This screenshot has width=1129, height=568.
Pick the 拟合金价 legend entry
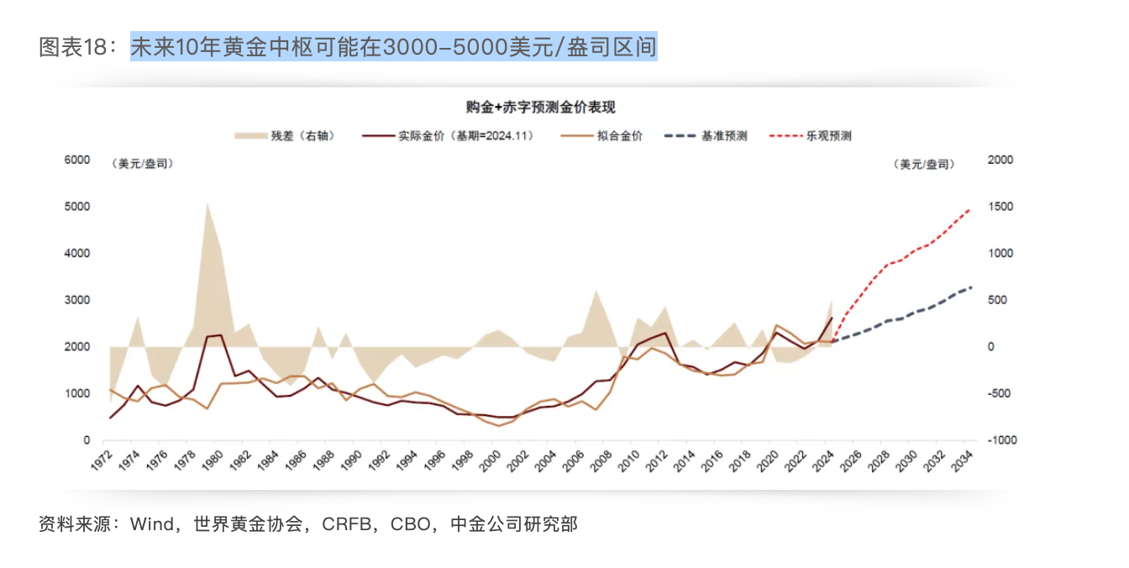(x=619, y=135)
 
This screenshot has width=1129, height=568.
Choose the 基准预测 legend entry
(x=724, y=135)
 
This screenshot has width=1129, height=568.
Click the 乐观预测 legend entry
(x=829, y=135)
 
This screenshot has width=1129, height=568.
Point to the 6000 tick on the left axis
(x=78, y=160)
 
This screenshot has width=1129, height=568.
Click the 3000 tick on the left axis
(x=78, y=300)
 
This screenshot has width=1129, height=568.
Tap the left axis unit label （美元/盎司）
(x=142, y=165)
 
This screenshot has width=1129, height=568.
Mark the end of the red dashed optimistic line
(x=971, y=208)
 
